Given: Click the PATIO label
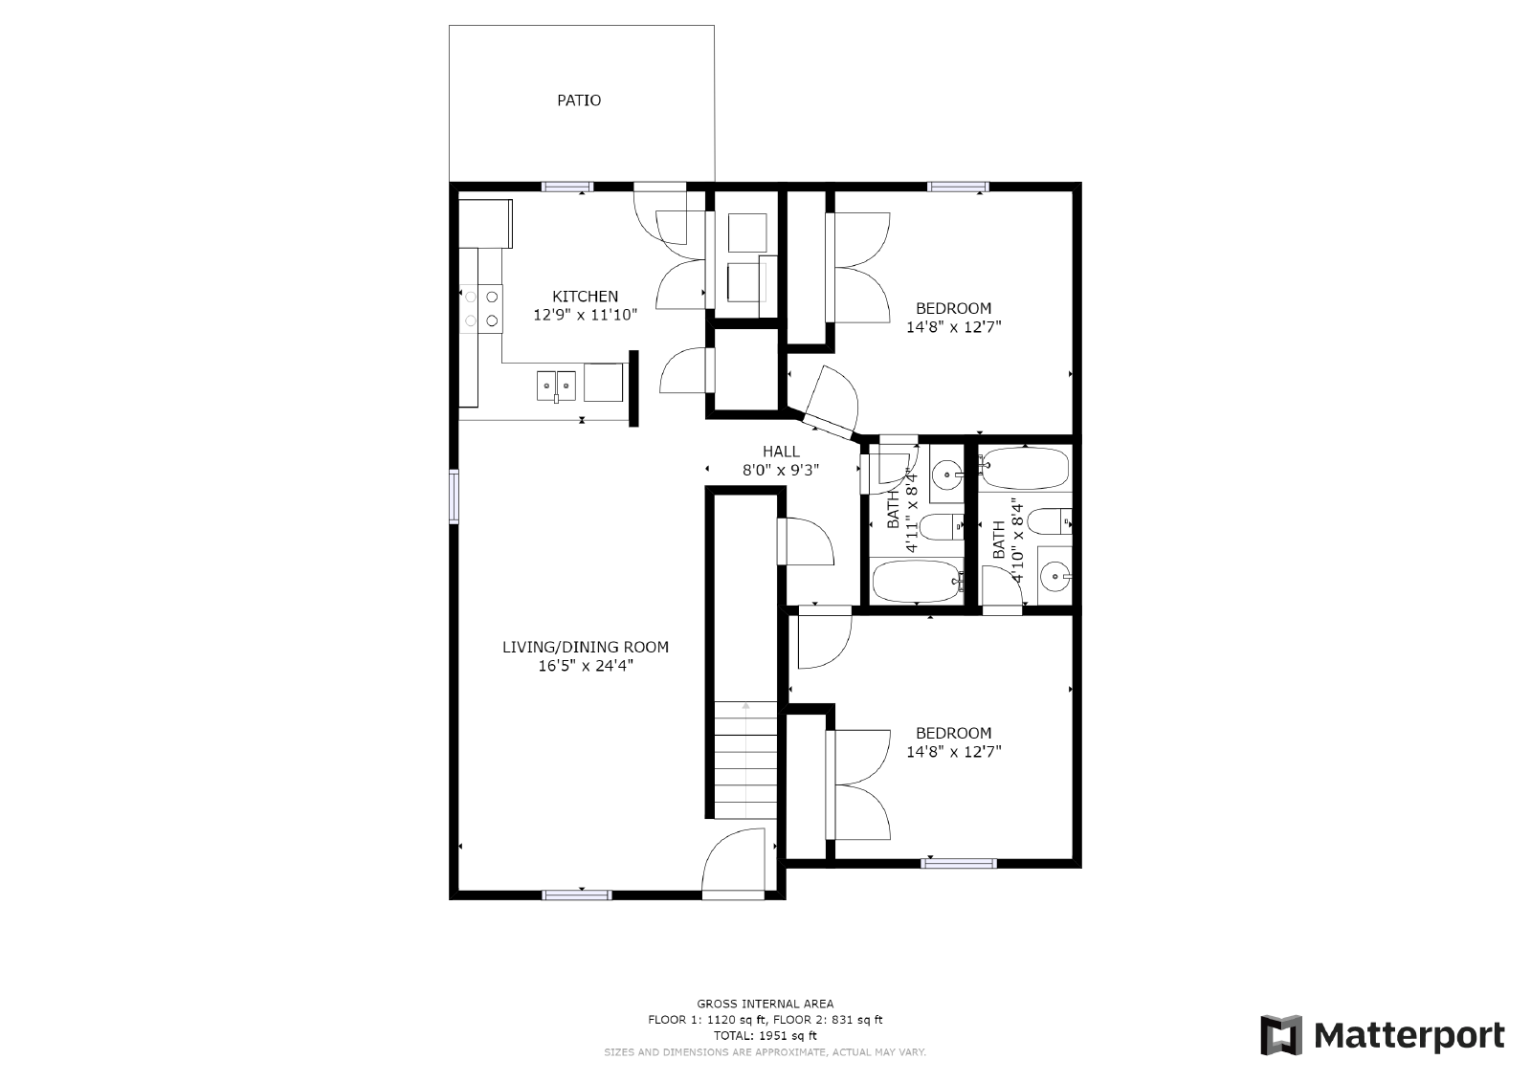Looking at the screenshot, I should point(579,100).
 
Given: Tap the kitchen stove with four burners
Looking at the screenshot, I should point(481,308).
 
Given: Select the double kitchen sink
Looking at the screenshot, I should point(556,386).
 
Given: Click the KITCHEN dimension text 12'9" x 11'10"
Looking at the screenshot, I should point(585,314).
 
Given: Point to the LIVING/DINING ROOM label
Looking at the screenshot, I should point(585,648).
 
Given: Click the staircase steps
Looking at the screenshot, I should point(746,761).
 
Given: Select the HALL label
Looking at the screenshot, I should point(781,452).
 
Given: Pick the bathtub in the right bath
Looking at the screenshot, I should point(1023,467).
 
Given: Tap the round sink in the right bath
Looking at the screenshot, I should point(1054,575).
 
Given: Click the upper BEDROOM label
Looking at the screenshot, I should point(953,308).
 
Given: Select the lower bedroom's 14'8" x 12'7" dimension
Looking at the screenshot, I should point(953,752).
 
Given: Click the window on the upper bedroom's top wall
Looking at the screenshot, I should point(957,187).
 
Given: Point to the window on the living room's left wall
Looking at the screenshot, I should point(455,496).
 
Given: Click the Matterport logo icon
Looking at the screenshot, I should point(1281,1035).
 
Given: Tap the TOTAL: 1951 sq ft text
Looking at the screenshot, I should point(765,1035).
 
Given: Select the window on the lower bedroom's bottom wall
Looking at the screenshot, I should point(958,863).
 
